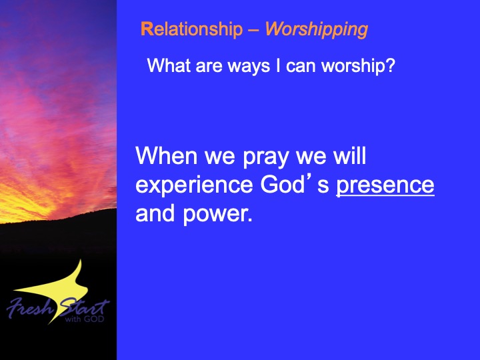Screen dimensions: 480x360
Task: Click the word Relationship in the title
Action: (191, 30)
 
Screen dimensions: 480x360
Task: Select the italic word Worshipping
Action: (317, 30)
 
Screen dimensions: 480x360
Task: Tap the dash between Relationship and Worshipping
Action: (254, 31)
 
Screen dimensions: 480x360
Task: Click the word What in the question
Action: (169, 65)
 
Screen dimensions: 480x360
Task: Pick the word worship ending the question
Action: (351, 66)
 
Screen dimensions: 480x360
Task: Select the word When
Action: (166, 156)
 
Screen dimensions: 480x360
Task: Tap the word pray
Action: (266, 158)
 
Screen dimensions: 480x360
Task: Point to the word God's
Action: (295, 184)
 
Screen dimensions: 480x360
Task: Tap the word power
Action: (217, 215)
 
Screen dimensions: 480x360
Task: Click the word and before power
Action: (155, 213)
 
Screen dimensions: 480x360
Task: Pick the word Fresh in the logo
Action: (30, 308)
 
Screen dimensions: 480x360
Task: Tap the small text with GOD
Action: (85, 319)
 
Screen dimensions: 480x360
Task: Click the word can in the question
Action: (301, 67)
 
